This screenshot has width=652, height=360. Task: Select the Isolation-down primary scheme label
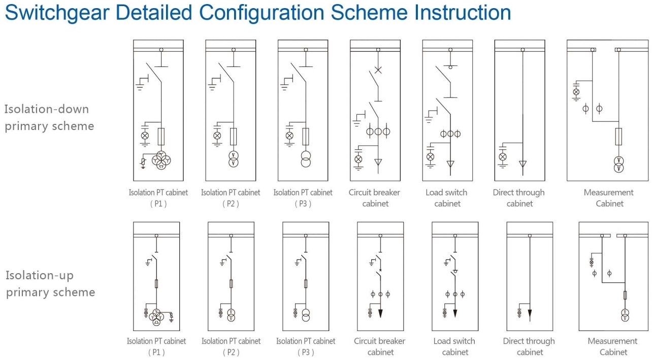49,117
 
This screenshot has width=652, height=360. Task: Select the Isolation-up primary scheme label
50,284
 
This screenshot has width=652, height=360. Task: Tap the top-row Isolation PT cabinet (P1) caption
158,198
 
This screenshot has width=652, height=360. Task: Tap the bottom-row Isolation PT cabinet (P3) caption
306,346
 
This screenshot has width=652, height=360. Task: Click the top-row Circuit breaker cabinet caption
374,198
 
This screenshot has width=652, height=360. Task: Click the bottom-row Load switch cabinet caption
454,346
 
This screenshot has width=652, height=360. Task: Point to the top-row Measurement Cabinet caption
608,198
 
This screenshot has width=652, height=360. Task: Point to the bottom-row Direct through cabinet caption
529,346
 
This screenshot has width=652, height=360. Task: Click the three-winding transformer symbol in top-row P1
161,159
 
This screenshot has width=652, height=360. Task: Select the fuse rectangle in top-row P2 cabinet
233,136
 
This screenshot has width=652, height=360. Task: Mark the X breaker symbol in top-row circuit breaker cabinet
378,70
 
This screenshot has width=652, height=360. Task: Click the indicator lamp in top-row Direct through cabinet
503,157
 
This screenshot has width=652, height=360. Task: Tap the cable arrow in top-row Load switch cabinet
450,163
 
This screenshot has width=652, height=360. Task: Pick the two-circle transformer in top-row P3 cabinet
306,159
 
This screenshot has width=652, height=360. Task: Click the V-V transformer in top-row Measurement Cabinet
618,165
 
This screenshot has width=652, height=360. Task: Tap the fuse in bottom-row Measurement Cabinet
625,295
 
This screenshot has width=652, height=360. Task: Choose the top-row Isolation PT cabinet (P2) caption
231,198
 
